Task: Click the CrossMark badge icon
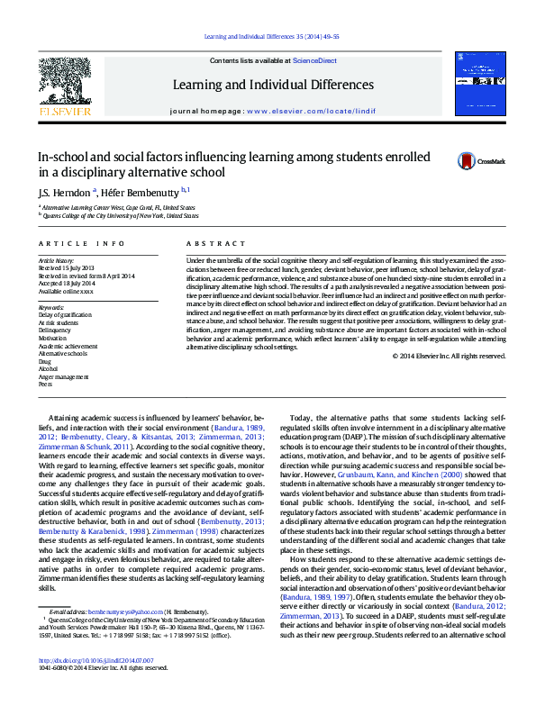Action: coord(467,161)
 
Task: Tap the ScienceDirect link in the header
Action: coord(313,59)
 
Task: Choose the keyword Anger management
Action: coord(64,376)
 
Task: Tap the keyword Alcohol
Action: coord(49,368)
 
